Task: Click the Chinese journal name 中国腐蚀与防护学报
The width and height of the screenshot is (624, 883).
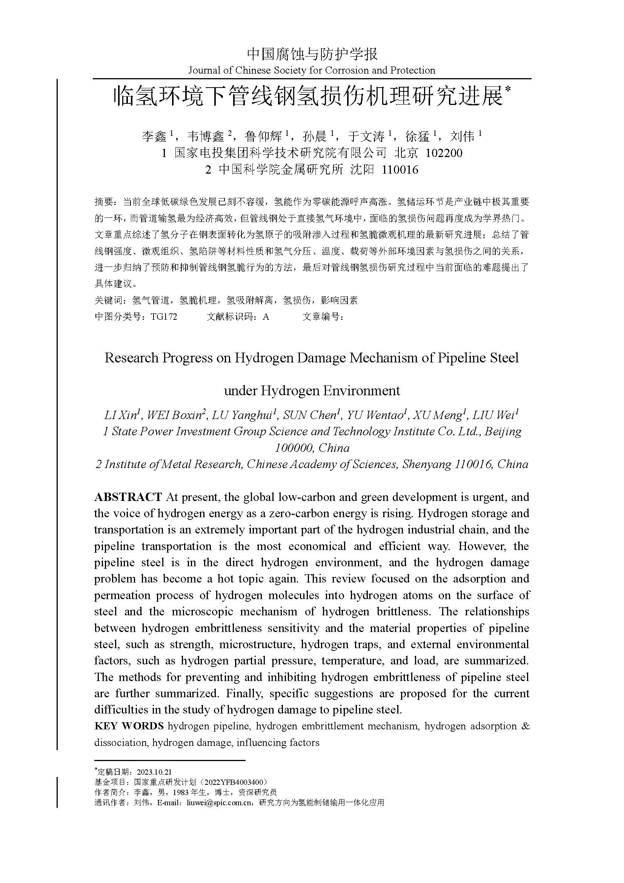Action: point(312,54)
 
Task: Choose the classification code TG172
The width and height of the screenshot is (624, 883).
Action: point(164,317)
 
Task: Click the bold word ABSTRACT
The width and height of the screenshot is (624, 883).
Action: point(128,497)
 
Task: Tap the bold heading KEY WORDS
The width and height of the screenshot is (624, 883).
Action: point(129,726)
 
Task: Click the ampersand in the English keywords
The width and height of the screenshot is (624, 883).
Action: point(526,726)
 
